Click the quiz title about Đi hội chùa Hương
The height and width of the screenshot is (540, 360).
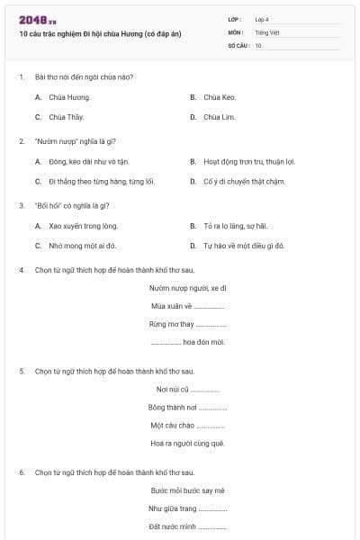[100, 33]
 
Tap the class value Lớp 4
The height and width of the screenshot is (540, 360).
[262, 19]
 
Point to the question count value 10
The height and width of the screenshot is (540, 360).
[258, 45]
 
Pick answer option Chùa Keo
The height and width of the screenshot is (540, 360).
[219, 97]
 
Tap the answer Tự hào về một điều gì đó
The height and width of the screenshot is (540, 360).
[244, 246]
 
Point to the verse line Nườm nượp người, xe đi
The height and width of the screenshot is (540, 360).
[187, 288]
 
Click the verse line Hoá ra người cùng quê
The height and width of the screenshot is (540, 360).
[187, 443]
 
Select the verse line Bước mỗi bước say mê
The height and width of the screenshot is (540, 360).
[187, 490]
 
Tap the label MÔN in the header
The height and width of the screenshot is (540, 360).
[236, 31]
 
